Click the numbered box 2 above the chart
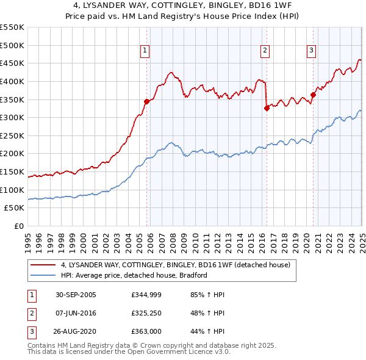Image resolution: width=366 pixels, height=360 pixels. [x=265, y=51]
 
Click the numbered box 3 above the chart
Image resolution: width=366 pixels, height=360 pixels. [x=311, y=51]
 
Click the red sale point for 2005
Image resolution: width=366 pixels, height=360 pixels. [x=147, y=101]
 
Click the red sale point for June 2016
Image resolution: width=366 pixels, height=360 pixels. [x=267, y=109]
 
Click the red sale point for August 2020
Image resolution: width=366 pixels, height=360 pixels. [x=313, y=95]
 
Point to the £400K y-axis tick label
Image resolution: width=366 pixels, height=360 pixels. [x=13, y=81]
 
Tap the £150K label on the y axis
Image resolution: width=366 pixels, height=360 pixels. [x=13, y=171]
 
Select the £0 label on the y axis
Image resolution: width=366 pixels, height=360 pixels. [x=18, y=226]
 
